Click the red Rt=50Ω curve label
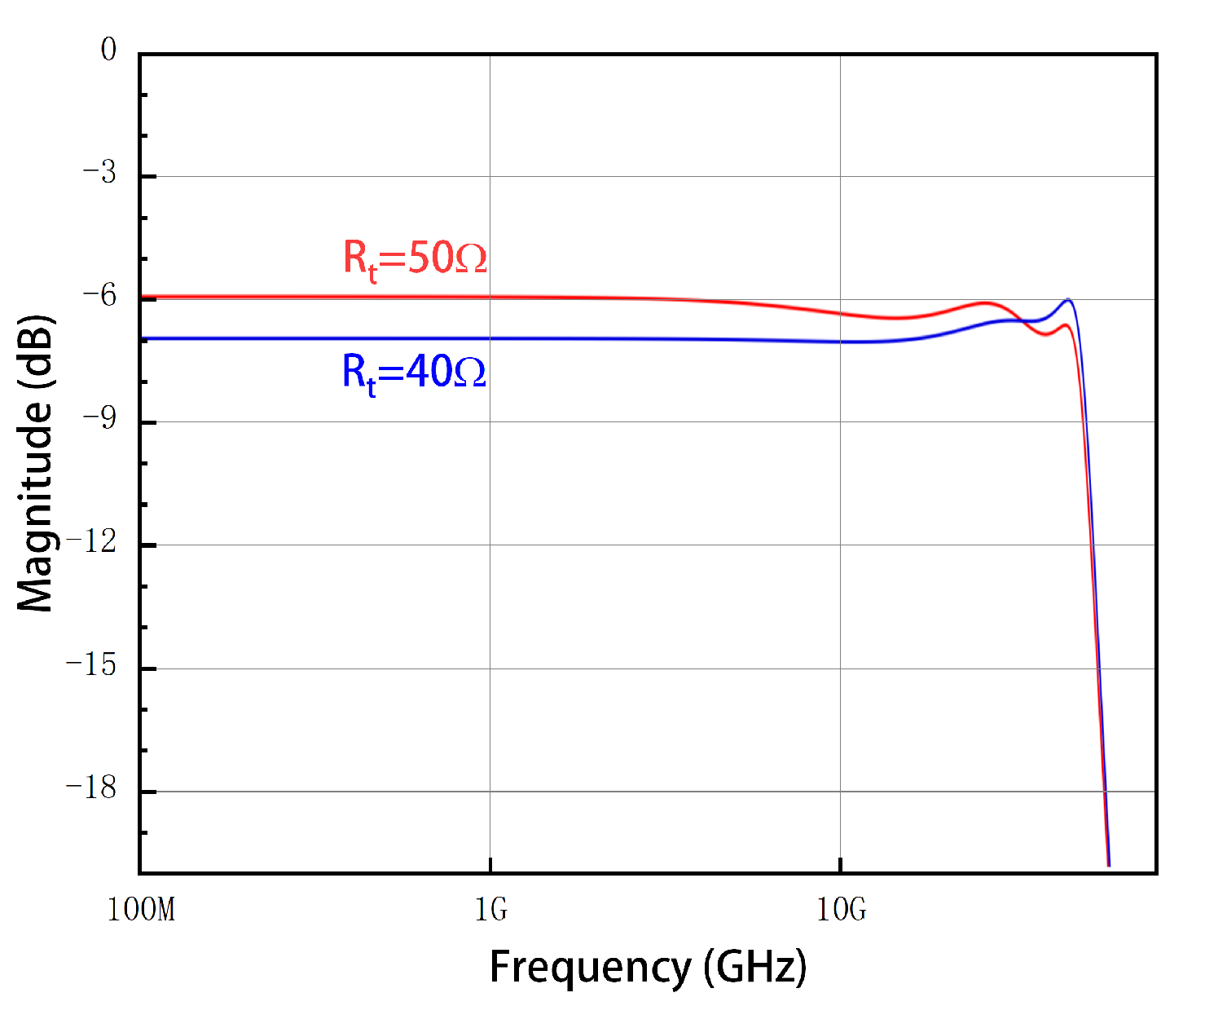[415, 258]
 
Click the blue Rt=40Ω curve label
[414, 373]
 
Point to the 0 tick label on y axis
[108, 51]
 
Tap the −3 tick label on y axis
[99, 174]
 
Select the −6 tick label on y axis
[99, 297]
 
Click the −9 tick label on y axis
[99, 420]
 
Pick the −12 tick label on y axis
[91, 542]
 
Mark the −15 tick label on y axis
[91, 666]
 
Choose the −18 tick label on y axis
[91, 789]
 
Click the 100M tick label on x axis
[141, 909]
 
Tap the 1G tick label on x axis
[490, 909]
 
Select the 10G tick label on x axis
[841, 909]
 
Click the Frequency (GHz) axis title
[648, 968]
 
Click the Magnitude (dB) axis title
[36, 462]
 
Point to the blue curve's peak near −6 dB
[1068, 300]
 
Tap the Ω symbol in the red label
[471, 259]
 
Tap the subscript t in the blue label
[372, 386]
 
